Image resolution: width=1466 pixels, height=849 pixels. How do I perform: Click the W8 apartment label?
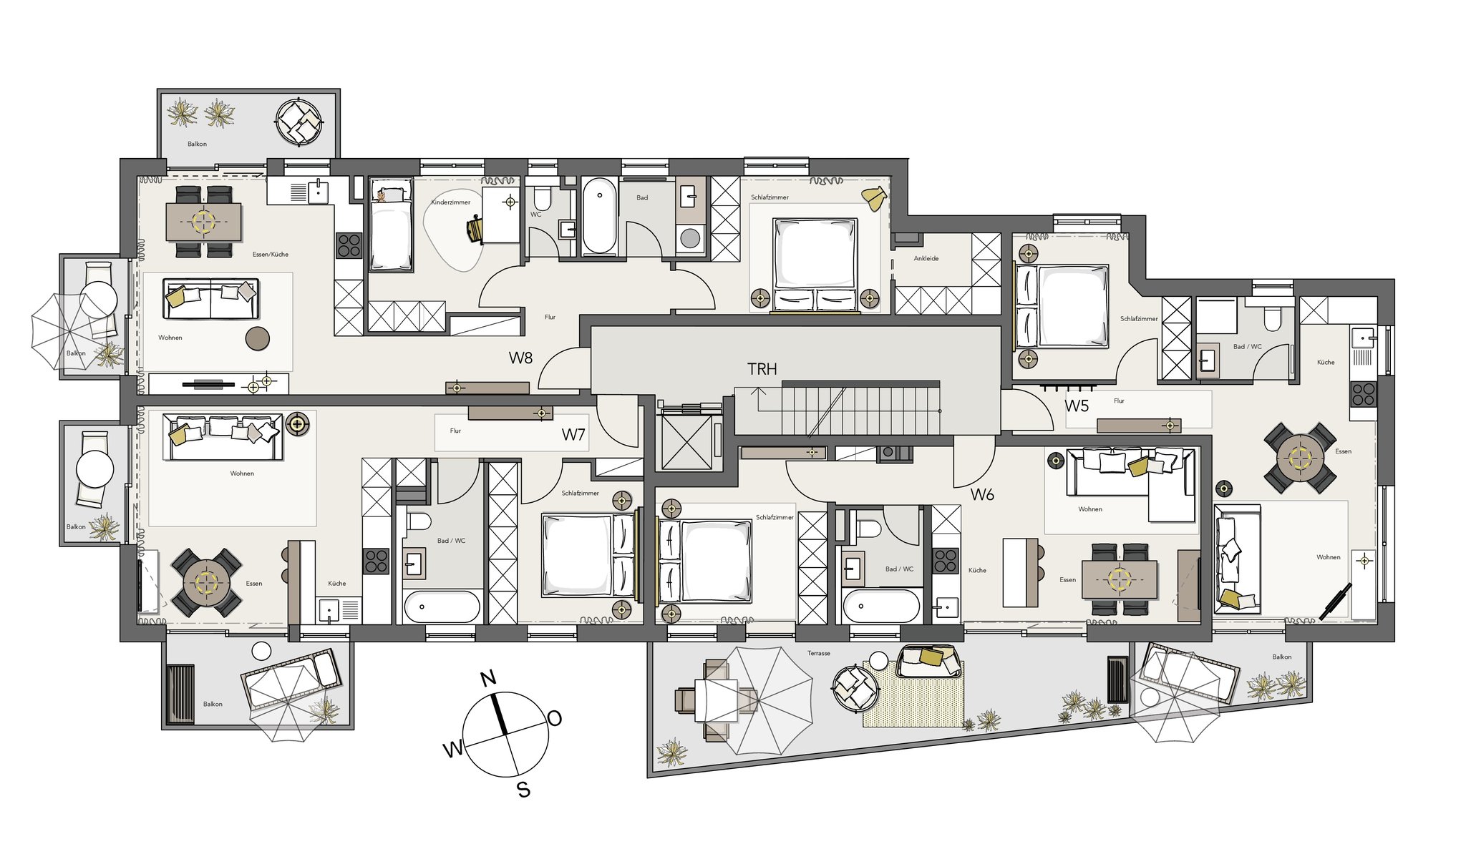(x=520, y=358)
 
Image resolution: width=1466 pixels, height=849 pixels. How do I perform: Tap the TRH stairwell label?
(x=762, y=369)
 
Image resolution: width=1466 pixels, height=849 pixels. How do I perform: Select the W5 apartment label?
(x=1076, y=406)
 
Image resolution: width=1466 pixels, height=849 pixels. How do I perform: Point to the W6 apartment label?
(x=982, y=494)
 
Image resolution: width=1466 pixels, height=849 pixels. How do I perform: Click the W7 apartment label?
(x=573, y=434)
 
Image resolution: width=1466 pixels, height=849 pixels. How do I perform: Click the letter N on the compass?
(x=488, y=678)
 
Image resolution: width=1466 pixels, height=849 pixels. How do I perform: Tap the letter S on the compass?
(x=524, y=790)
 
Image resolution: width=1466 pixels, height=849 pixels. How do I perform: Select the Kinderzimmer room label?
(x=450, y=202)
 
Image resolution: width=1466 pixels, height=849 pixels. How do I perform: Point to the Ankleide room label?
(x=926, y=258)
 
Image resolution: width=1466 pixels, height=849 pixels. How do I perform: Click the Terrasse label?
(x=819, y=653)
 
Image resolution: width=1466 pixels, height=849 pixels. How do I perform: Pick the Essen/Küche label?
(x=271, y=254)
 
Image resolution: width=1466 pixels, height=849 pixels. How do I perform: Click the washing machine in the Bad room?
(x=690, y=238)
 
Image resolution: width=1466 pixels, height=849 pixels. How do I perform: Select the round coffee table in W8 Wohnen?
(x=258, y=338)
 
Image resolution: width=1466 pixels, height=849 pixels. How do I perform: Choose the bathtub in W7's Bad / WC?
(x=442, y=607)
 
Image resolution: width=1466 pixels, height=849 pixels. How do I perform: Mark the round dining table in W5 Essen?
(x=1299, y=457)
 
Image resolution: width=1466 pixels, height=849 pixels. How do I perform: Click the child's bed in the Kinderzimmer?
(x=391, y=225)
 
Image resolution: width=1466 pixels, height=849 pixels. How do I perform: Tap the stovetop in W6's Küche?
(x=946, y=560)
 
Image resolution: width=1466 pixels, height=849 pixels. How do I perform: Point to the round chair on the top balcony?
(x=299, y=122)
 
